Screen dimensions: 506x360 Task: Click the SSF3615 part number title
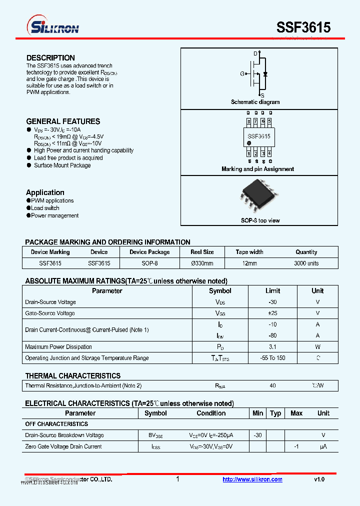303,27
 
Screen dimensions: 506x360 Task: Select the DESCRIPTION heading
50,58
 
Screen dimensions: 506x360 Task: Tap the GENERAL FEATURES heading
63,121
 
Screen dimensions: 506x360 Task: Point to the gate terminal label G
242,74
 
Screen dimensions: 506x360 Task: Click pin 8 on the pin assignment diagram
248,121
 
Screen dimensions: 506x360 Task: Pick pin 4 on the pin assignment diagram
269,153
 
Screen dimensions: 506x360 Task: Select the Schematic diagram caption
255,102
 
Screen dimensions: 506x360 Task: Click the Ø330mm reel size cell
202,263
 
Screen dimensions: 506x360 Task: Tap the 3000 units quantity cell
306,263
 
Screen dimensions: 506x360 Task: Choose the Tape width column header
249,252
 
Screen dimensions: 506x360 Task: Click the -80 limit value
272,335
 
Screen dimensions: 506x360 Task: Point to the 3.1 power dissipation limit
272,346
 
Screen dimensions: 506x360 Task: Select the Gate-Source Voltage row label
50,313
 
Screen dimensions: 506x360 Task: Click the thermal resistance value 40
272,385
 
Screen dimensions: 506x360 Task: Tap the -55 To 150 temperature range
272,358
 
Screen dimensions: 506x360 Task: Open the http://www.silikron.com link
252,479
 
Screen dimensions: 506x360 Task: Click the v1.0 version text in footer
319,479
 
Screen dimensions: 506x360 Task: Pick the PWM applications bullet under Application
52,200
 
